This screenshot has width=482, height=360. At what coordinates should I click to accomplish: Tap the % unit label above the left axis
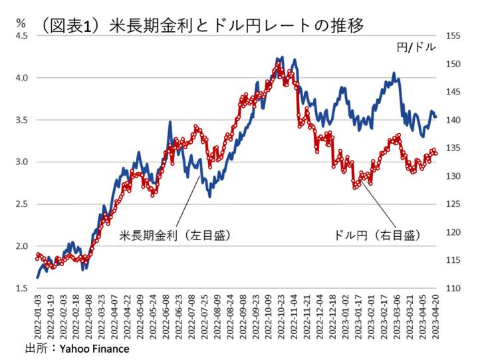point(21,20)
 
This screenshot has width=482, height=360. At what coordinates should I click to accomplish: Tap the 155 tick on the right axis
point(451,36)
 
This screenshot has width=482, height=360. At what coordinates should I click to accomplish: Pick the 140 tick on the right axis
point(451,120)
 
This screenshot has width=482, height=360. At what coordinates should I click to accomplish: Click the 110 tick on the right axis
point(451,288)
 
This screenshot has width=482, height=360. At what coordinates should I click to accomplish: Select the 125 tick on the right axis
point(451,204)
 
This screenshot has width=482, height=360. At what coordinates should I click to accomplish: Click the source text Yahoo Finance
point(94,348)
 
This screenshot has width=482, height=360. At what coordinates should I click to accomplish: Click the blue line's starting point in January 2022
point(37,277)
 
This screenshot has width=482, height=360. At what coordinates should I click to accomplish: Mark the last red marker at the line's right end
point(435,152)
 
